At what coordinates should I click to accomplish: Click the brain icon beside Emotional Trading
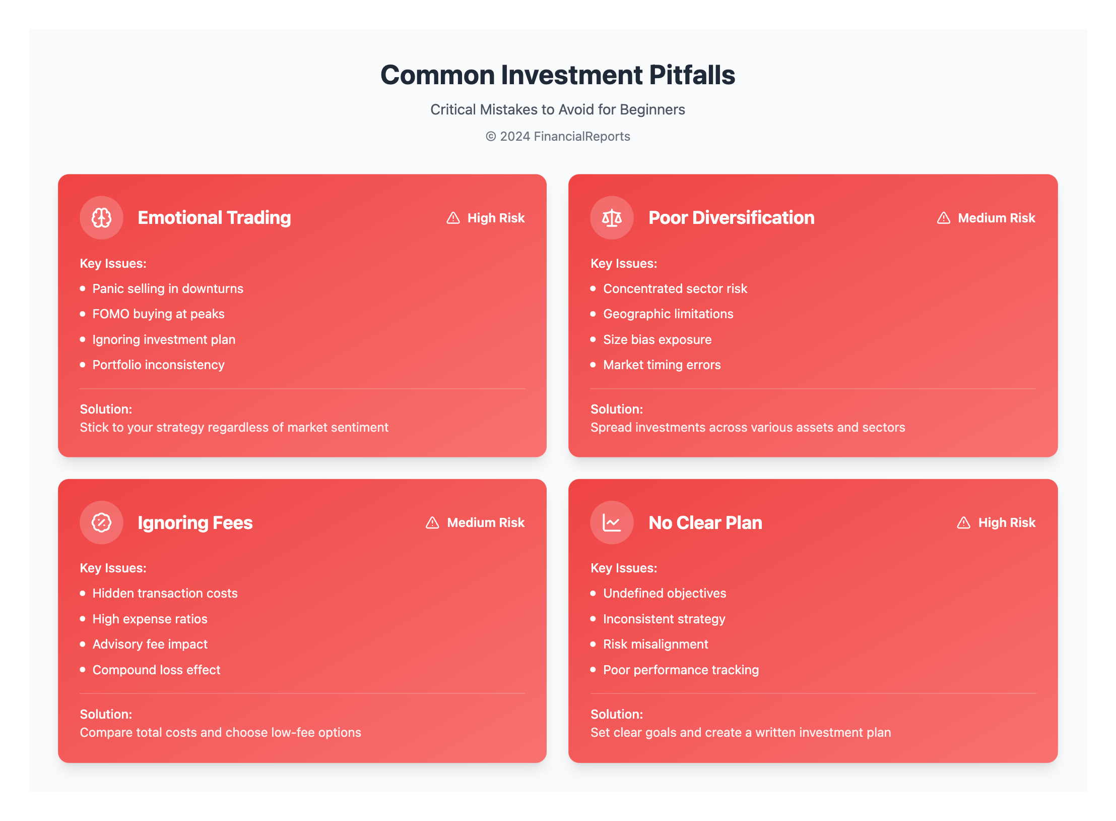101,218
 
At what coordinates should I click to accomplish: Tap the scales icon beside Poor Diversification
612,218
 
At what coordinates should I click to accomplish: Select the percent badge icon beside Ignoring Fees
101,522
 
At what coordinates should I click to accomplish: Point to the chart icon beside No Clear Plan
612,522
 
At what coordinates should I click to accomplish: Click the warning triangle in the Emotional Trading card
453,218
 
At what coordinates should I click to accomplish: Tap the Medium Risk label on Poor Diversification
996,218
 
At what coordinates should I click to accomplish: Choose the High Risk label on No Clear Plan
1006,522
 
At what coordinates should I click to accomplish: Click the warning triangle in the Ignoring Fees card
432,522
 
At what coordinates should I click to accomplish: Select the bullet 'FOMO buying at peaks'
158,314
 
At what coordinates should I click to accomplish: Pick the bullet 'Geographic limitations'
668,314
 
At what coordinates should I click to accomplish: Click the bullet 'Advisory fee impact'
150,644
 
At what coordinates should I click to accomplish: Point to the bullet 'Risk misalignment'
655,644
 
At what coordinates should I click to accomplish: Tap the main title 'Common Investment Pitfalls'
558,75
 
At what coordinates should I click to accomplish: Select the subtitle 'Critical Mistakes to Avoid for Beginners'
558,109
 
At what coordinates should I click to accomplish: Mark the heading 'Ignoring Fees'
195,522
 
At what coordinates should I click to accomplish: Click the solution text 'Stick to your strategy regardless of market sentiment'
234,427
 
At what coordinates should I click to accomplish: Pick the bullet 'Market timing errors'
662,365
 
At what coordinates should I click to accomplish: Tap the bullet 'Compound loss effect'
156,670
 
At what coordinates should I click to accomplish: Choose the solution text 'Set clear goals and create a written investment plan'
741,732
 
